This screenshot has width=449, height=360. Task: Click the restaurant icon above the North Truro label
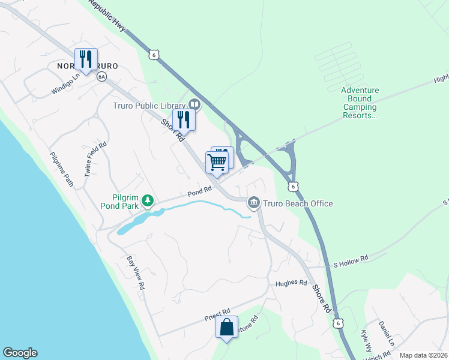coord(86,59)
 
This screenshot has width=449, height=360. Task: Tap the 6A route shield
coord(101,76)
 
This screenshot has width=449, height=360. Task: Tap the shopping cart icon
coord(217,161)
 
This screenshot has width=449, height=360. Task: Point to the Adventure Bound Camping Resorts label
coord(360,103)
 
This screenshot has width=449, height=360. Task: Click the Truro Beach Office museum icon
coord(254,203)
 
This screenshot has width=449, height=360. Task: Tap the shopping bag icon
coord(226,327)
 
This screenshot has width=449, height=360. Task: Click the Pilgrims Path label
coord(62,170)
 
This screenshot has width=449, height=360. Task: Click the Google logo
coord(20,353)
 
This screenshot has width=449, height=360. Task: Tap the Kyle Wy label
coord(367,341)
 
